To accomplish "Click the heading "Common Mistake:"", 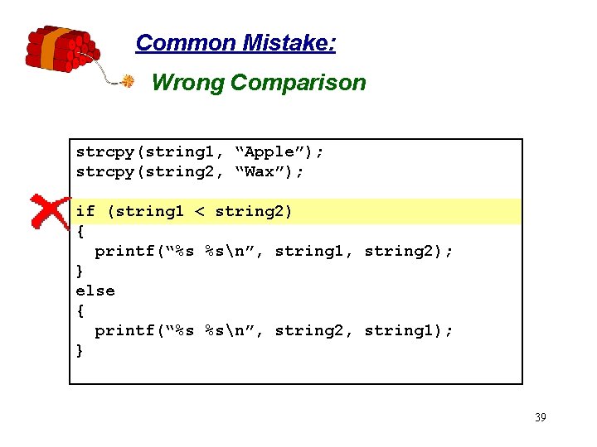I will click(x=235, y=43).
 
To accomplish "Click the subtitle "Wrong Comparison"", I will click(x=259, y=83).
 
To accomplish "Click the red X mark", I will click(x=51, y=212).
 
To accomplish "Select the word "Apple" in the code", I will click(x=269, y=151).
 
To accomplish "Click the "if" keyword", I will click(x=85, y=212).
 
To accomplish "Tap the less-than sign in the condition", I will click(x=199, y=212).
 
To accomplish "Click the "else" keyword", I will click(x=95, y=291).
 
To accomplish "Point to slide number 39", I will click(x=540, y=417).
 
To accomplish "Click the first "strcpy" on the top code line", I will click(x=105, y=151).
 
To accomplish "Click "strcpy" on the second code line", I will click(x=105, y=172).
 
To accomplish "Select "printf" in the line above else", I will click(x=124, y=252).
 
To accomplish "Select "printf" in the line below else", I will click(x=124, y=331).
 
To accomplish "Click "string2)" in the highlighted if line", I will click(x=254, y=212).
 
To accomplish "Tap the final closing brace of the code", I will click(x=80, y=351).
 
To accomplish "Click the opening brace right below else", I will click(x=80, y=311).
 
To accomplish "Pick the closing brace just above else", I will click(x=80, y=272).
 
